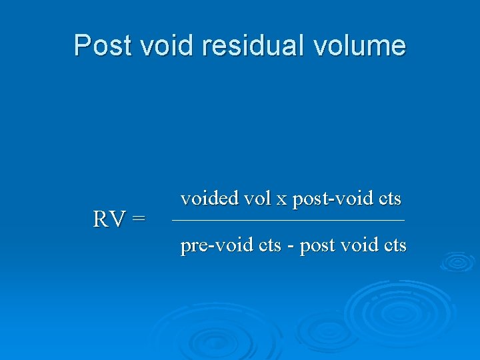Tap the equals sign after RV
[138, 219]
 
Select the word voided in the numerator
[209, 199]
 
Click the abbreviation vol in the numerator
[257, 199]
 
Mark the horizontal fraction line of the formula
[288, 221]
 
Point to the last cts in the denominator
[394, 246]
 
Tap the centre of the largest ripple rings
[398, 310]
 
